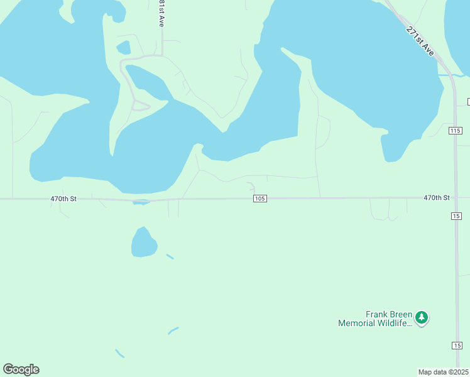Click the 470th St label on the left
click(63, 199)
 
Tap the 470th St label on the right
click(436, 197)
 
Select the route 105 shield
click(260, 199)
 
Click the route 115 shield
click(456, 130)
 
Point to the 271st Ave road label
click(420, 41)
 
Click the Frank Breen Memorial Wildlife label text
click(375, 319)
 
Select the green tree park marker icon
click(422, 317)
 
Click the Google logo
click(21, 369)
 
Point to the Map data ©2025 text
click(444, 371)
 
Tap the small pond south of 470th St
click(143, 243)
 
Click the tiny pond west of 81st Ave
click(124, 48)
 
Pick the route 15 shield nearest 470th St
click(456, 216)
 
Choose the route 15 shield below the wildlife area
click(456, 346)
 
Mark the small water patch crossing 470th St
click(141, 202)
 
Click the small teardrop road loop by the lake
click(141, 106)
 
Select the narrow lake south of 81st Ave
click(146, 82)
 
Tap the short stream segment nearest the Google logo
click(119, 353)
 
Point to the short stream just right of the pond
click(170, 256)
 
